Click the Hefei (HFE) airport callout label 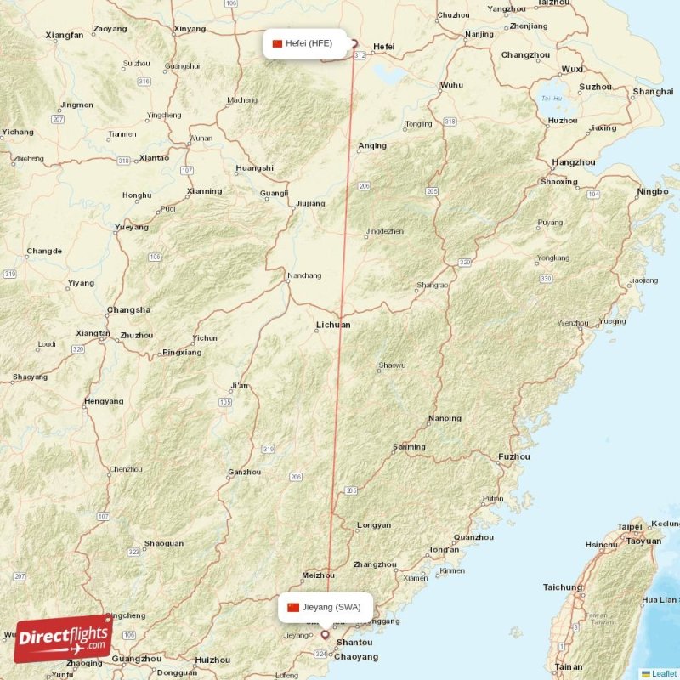(x=309, y=43)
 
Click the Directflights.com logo (x=62, y=638)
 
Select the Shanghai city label (x=653, y=91)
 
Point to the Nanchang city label (x=304, y=275)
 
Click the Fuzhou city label (x=514, y=456)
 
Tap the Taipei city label (x=630, y=526)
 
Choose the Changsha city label (x=129, y=310)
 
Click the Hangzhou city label (x=574, y=161)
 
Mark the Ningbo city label (x=652, y=192)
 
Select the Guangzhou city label (x=136, y=659)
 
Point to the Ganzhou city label (x=245, y=473)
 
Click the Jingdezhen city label (x=384, y=231)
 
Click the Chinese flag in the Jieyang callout (x=293, y=607)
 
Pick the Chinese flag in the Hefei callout (x=277, y=43)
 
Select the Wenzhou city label (x=572, y=323)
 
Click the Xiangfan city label (x=65, y=35)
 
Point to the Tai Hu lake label (x=552, y=98)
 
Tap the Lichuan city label (x=332, y=325)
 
